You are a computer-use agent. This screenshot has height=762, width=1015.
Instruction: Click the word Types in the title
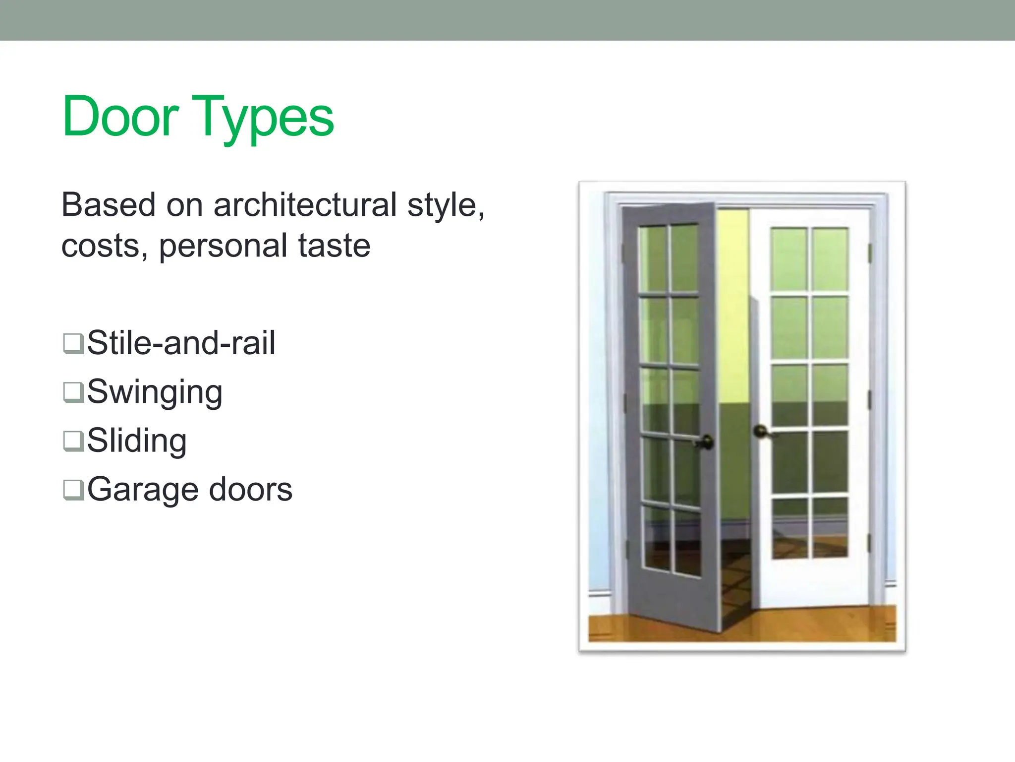pyautogui.click(x=263, y=118)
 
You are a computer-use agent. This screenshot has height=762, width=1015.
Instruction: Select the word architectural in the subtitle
pyautogui.click(x=305, y=205)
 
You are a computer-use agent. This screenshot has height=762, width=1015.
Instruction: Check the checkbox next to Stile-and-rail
pyautogui.click(x=73, y=343)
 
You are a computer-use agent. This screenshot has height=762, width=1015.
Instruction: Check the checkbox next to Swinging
pyautogui.click(x=73, y=392)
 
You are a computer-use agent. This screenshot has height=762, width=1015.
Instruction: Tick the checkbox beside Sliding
pyautogui.click(x=73, y=441)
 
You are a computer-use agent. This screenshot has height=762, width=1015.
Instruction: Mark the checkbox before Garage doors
pyautogui.click(x=73, y=489)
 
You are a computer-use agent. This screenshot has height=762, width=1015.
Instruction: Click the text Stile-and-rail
pyautogui.click(x=181, y=343)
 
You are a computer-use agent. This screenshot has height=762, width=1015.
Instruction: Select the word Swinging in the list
pyautogui.click(x=155, y=392)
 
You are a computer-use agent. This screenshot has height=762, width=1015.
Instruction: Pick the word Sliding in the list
pyautogui.click(x=137, y=441)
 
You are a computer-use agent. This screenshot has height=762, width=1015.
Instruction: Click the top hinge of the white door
pyautogui.click(x=870, y=253)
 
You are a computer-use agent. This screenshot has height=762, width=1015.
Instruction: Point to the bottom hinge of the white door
pyautogui.click(x=869, y=543)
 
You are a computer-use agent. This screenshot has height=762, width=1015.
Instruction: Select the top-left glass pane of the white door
pyautogui.click(x=789, y=259)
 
